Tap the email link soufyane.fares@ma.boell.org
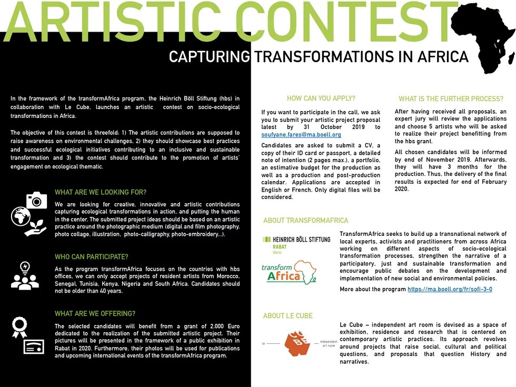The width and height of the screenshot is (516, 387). tap(301, 135)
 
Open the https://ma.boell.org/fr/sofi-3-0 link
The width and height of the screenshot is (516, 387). tap(450, 289)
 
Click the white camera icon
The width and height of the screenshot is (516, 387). tap(36, 200)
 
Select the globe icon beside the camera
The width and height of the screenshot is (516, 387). tap(21, 217)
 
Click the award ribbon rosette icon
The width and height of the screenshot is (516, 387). tap(19, 328)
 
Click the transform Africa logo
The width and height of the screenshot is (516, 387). tap(289, 272)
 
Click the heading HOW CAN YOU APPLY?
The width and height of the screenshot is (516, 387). tap(321, 98)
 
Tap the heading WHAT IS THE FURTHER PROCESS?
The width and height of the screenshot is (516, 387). tap(451, 99)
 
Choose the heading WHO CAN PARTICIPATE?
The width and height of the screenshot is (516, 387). tap(92, 257)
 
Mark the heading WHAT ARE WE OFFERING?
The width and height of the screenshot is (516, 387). tap(95, 313)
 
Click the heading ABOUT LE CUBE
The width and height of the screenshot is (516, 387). tap(287, 315)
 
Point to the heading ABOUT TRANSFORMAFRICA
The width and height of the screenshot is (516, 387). tap(306, 220)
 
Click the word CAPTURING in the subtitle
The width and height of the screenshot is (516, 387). tap(210, 57)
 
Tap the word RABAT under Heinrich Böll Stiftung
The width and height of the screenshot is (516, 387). tap(280, 247)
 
